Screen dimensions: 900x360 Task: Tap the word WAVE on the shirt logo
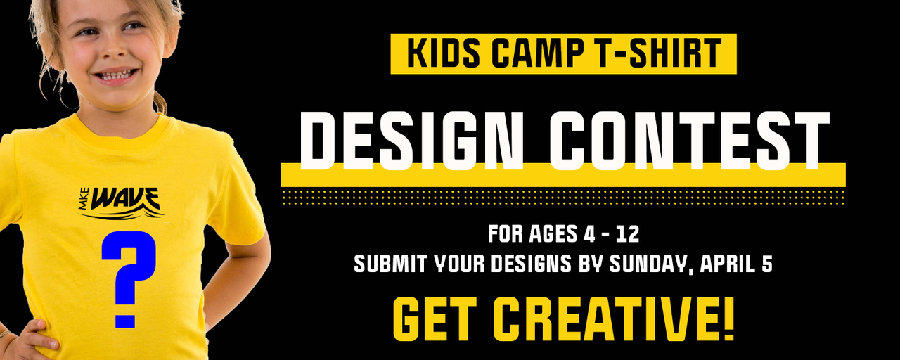click(125, 199)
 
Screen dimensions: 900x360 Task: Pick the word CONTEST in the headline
click(689, 141)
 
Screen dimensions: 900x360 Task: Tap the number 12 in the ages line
click(627, 234)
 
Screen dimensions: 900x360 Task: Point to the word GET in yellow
click(435, 319)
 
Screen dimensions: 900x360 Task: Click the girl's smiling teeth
click(116, 75)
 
